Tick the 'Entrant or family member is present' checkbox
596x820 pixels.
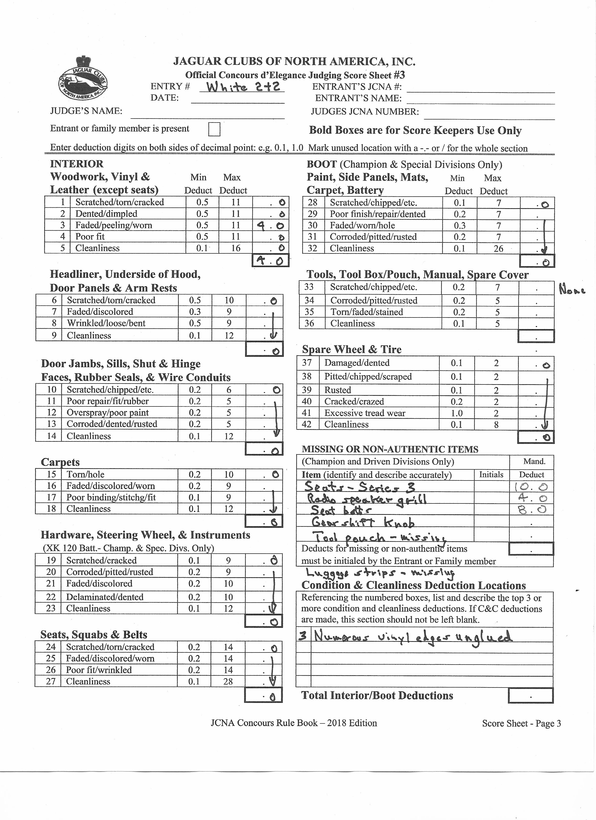214,129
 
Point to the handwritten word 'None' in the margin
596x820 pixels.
572,290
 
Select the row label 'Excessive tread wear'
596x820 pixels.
365,413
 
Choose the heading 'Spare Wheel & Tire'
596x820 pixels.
352,349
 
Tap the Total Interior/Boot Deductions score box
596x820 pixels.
530,696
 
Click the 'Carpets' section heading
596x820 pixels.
60,462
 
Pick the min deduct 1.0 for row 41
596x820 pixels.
457,413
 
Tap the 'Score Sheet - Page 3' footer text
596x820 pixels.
521,723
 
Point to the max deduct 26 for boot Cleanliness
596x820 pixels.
498,248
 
